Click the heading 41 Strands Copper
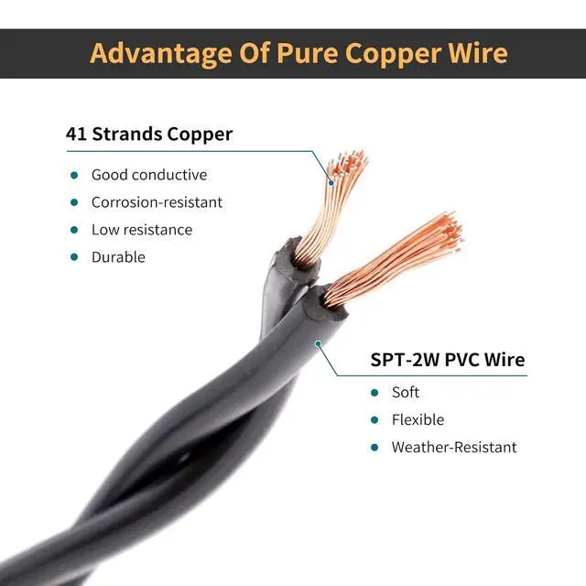149,134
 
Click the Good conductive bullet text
149,175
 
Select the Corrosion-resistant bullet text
157,202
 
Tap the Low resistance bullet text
142,230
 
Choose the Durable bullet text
118,257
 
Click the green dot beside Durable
73,257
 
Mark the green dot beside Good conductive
73,175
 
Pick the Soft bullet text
406,392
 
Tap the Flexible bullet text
418,419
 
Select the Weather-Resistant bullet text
454,447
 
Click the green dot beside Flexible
374,419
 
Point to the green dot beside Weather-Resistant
374,447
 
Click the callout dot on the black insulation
318,345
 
